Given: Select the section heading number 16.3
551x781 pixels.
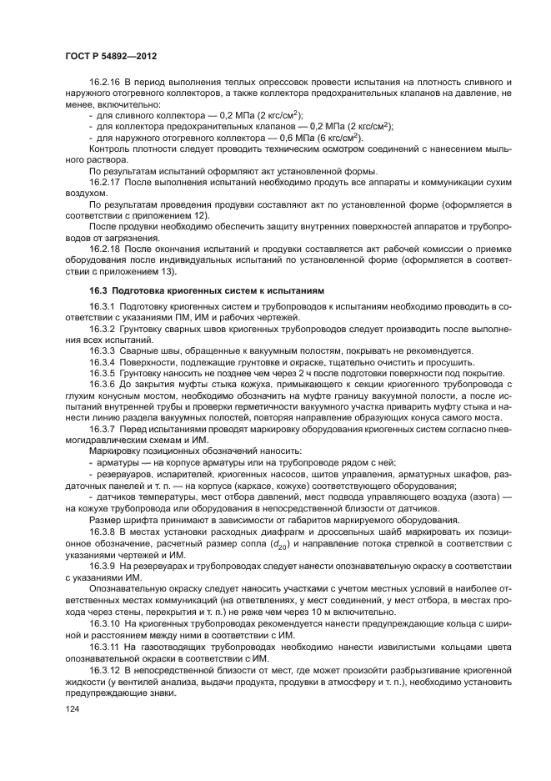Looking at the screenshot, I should (x=99, y=290).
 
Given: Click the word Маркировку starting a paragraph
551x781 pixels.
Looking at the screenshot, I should (x=116, y=451).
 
